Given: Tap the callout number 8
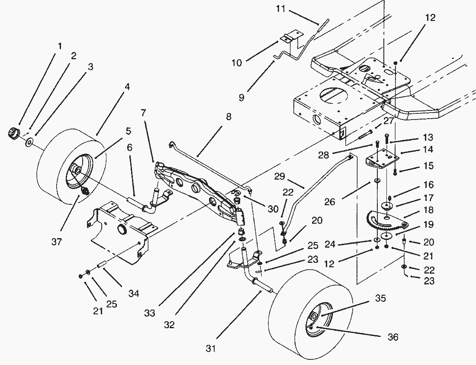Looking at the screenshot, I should pyautogui.click(x=228, y=116).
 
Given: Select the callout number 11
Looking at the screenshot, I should pyautogui.click(x=281, y=8).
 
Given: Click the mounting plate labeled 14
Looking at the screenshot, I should pyautogui.click(x=381, y=157).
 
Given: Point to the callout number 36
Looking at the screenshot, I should pyautogui.click(x=393, y=337).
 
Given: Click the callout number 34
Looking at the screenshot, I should pyautogui.click(x=134, y=294).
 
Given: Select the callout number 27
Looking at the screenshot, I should pyautogui.click(x=388, y=121).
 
